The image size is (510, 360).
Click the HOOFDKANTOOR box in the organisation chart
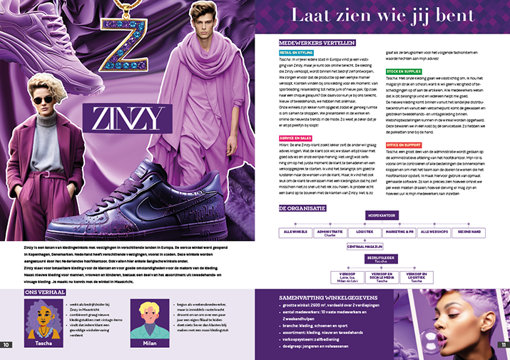click(x=382, y=214)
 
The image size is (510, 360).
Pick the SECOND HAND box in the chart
click(x=469, y=232)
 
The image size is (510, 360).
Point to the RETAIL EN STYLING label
click(x=297, y=52)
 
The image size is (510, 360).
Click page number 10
click(x=6, y=345)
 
